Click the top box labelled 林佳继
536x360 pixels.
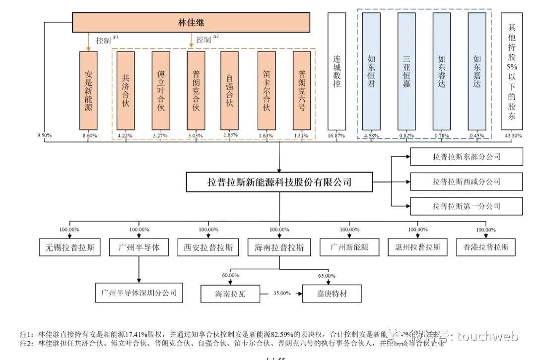(191, 22)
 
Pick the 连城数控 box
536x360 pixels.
(336, 72)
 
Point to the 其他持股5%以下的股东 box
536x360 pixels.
(511, 72)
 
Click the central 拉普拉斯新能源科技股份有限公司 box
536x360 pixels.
(279, 182)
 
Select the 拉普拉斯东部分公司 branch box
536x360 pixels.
(466, 157)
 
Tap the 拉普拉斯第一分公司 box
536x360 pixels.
(466, 206)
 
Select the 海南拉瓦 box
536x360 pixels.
(230, 294)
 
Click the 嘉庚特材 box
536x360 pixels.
(332, 294)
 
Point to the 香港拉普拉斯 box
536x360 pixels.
(485, 247)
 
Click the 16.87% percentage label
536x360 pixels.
(336, 135)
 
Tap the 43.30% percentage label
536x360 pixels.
(511, 135)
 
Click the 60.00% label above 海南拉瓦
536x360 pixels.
(230, 275)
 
